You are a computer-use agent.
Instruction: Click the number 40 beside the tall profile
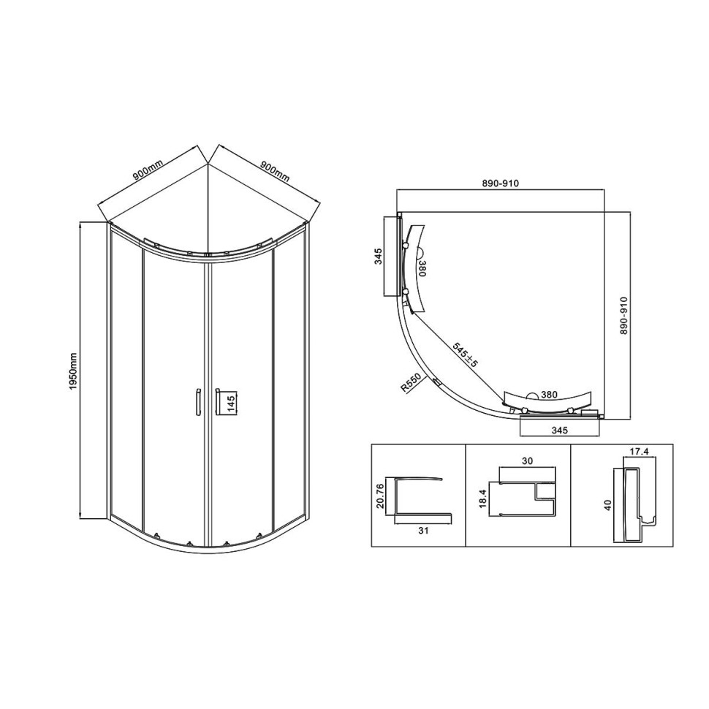pos(609,504)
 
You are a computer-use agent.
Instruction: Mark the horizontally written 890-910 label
pos(501,183)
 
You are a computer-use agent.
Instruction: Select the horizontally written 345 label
pos(559,431)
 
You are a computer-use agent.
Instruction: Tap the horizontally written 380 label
pos(550,395)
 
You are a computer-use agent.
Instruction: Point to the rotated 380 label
pos(422,268)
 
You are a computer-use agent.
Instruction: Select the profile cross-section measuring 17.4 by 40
pos(632,501)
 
